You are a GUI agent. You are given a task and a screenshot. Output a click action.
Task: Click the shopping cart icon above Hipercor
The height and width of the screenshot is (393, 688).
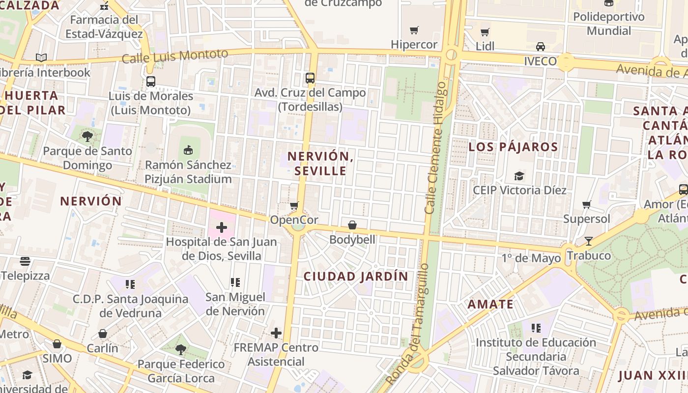click(414, 30)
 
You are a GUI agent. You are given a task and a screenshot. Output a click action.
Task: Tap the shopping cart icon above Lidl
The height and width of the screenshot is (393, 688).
click(485, 32)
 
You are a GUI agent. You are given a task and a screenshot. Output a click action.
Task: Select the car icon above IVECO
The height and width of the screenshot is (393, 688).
click(540, 47)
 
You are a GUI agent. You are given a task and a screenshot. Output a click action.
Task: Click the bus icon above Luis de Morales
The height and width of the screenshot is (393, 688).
click(151, 82)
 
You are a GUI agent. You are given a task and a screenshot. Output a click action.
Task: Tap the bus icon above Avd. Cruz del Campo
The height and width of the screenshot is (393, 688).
click(310, 78)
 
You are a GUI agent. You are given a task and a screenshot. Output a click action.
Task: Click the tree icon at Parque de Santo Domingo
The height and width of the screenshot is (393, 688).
click(87, 137)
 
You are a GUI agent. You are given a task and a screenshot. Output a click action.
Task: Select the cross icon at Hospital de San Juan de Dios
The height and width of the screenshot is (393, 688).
click(222, 227)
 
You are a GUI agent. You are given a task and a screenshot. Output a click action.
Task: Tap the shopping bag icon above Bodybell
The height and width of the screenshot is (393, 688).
click(352, 225)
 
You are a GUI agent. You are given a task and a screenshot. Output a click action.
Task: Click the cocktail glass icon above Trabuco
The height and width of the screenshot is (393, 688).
click(589, 241)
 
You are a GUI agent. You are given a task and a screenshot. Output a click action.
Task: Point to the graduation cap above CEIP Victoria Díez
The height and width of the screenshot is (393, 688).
click(519, 176)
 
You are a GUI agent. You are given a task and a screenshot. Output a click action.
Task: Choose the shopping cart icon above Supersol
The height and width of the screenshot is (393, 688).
click(586, 204)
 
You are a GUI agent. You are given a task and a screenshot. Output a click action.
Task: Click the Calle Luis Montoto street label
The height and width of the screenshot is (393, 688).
click(174, 56)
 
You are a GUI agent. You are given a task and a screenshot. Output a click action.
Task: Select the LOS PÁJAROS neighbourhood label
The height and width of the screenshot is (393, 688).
click(513, 147)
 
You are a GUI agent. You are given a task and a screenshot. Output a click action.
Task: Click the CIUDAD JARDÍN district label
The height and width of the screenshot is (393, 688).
click(356, 277)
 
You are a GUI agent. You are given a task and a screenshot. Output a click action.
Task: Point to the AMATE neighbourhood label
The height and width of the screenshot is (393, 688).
click(490, 304)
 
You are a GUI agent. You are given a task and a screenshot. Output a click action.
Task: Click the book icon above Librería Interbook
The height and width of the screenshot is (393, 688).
click(41, 58)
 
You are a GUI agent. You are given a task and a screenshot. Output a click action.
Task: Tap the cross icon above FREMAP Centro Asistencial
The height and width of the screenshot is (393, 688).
click(276, 333)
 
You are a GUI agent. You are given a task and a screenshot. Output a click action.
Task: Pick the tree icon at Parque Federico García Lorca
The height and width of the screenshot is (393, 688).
click(181, 350)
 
